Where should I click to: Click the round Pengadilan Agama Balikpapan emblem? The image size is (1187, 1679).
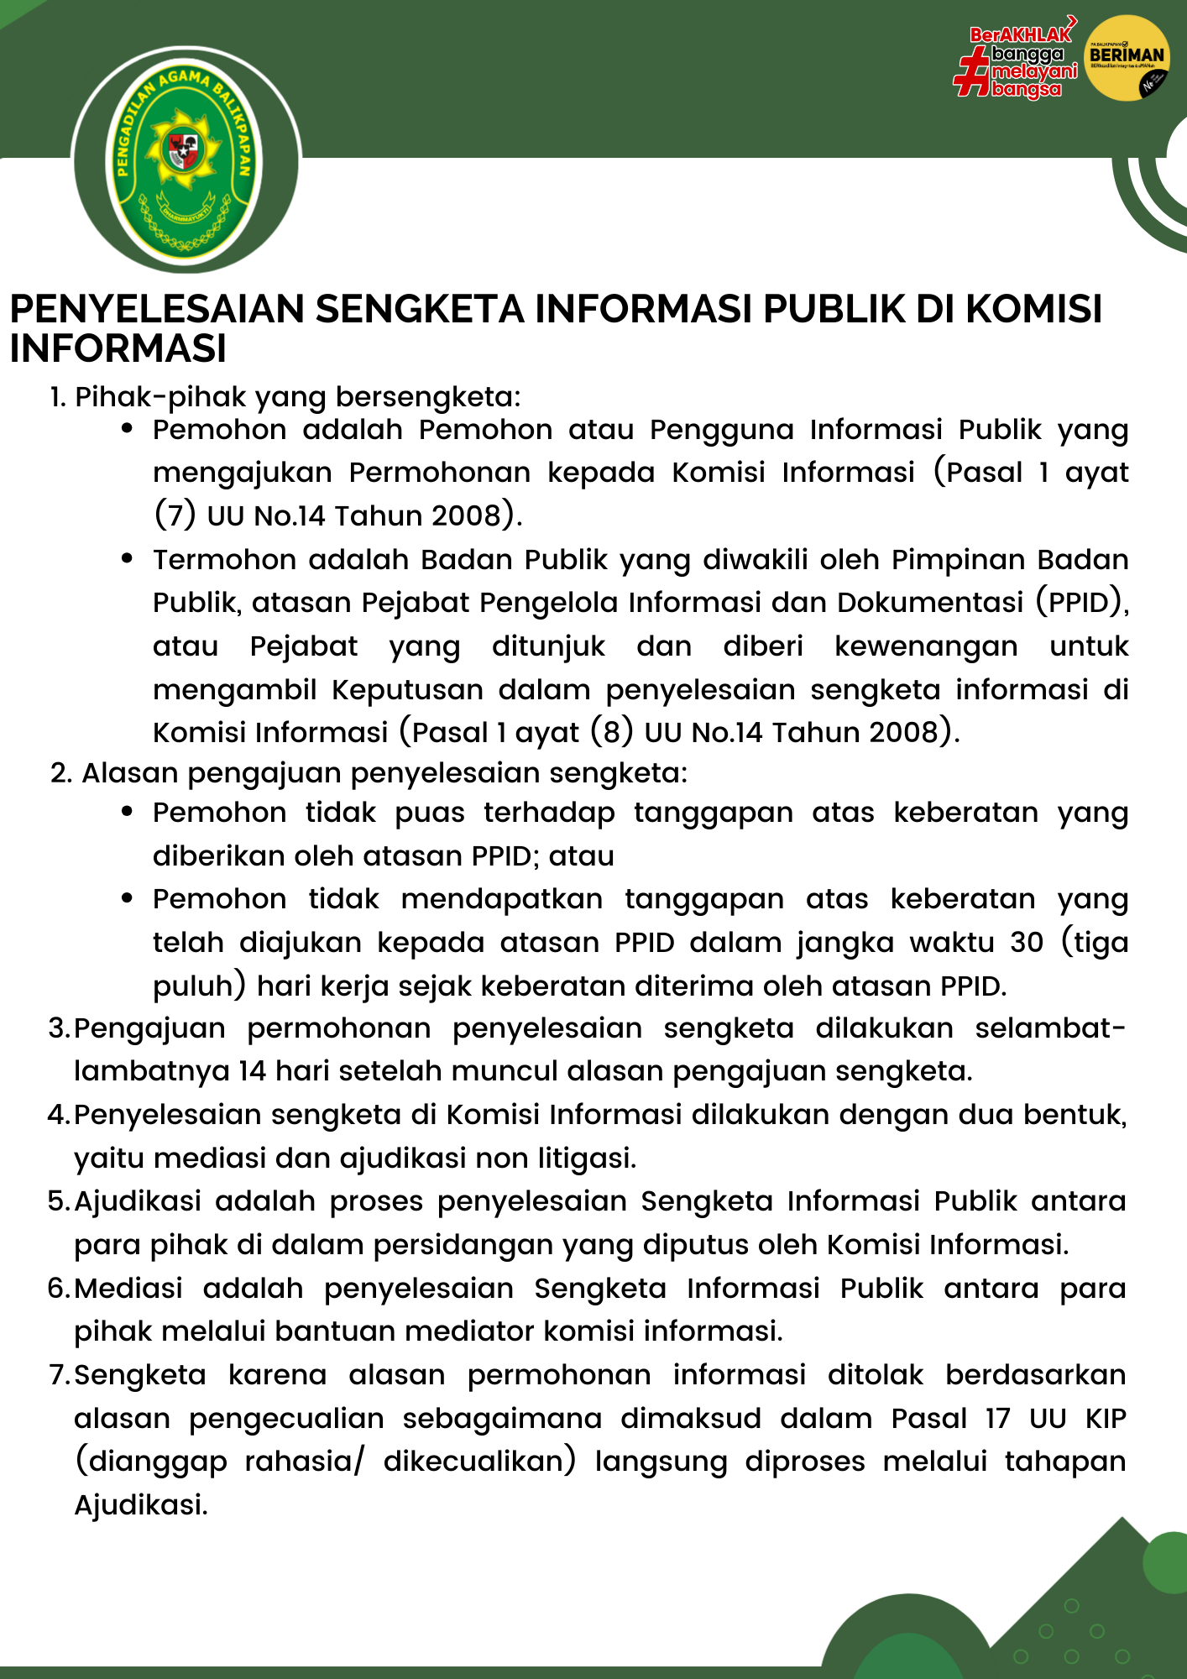pyautogui.click(x=186, y=160)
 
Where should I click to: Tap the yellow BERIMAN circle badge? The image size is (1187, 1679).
pyautogui.click(x=1127, y=58)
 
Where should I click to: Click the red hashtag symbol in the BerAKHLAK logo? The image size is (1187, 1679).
pyautogui.click(x=972, y=72)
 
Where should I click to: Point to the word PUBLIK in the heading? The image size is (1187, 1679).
pyautogui.click(x=834, y=309)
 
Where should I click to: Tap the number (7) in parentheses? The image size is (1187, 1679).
pyautogui.click(x=175, y=515)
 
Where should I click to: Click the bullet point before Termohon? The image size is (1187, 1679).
pyautogui.click(x=128, y=558)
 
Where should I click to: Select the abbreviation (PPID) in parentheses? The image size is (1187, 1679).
pyautogui.click(x=1080, y=602)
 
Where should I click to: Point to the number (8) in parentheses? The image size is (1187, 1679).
pyautogui.click(x=612, y=732)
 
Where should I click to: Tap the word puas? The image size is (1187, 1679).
pyautogui.click(x=430, y=813)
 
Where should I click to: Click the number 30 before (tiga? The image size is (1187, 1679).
pyautogui.click(x=1026, y=942)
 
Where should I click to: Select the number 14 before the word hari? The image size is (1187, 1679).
pyautogui.click(x=253, y=1071)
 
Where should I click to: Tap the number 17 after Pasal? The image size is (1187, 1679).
pyautogui.click(x=997, y=1418)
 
